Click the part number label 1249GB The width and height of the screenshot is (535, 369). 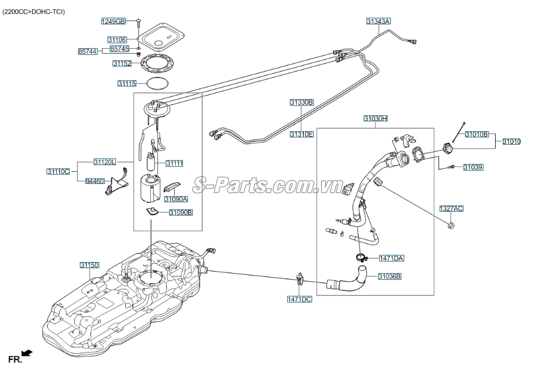click(114, 22)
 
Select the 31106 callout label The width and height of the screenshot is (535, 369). click(117, 40)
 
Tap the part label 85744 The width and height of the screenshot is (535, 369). click(88, 52)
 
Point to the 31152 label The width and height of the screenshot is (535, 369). click(122, 64)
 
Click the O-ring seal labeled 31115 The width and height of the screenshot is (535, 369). click(157, 84)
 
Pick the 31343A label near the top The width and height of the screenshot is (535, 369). click(378, 22)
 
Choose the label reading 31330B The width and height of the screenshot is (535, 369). click(302, 102)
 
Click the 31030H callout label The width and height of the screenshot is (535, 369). click(375, 119)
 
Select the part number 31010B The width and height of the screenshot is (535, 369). click(477, 134)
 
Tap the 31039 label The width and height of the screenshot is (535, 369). click(473, 167)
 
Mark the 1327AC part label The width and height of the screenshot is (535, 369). click(451, 208)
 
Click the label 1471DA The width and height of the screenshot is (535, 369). click(391, 258)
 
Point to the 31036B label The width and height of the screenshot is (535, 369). click(390, 276)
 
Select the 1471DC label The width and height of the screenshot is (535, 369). click(299, 299)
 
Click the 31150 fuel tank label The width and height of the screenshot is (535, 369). click(89, 265)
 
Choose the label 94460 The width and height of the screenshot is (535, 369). click(95, 181)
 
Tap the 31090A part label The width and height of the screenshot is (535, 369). click(176, 199)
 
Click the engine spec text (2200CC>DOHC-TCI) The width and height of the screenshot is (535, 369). click(34, 12)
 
